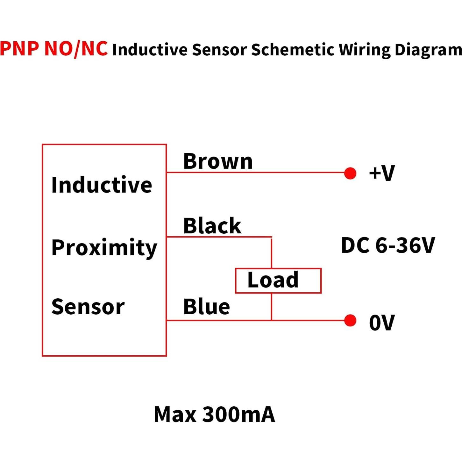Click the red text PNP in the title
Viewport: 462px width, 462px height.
point(20,48)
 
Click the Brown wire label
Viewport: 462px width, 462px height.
point(218,161)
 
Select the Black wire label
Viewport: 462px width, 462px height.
point(212,226)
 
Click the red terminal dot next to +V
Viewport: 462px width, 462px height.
point(350,173)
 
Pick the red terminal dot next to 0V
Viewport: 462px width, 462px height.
point(350,320)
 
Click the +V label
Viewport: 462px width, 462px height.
point(382,173)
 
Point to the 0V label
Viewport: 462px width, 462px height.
point(382,323)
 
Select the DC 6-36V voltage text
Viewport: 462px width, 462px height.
point(387,245)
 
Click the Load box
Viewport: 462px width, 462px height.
point(278,281)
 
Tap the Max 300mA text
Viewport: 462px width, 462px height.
point(214,415)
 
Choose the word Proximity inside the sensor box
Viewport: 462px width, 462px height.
point(104,248)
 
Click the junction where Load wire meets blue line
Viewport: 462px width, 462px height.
point(271,320)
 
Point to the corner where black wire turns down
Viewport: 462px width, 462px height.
point(271,237)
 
